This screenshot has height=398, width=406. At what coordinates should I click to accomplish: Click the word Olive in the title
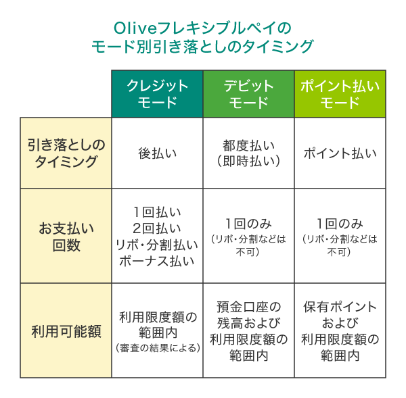[132, 28]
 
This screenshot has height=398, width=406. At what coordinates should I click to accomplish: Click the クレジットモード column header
[158, 94]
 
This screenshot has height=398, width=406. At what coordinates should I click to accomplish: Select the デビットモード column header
[248, 94]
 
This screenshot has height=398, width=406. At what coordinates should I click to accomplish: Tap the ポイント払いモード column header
[340, 94]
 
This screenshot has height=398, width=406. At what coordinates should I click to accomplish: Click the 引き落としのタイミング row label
[66, 153]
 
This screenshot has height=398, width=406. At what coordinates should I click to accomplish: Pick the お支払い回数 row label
[66, 236]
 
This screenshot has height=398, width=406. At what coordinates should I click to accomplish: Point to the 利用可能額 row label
[66, 331]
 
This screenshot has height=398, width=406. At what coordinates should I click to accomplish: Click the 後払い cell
[158, 153]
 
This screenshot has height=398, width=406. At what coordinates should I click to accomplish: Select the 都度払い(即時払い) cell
[248, 153]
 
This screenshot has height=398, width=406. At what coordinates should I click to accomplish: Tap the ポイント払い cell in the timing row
[340, 153]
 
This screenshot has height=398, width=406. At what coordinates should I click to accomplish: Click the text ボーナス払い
[158, 261]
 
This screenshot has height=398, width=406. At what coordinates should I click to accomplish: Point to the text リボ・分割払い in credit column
[158, 245]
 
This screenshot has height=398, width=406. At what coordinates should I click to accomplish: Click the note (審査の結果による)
[158, 348]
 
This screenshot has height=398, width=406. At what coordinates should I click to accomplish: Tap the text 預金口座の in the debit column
[248, 307]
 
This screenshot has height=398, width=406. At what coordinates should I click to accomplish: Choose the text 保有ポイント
[340, 307]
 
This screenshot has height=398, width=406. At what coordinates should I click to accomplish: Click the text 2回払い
[158, 228]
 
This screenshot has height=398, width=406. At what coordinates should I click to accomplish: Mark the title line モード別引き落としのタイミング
[203, 46]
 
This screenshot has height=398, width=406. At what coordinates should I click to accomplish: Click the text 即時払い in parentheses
[248, 161]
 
